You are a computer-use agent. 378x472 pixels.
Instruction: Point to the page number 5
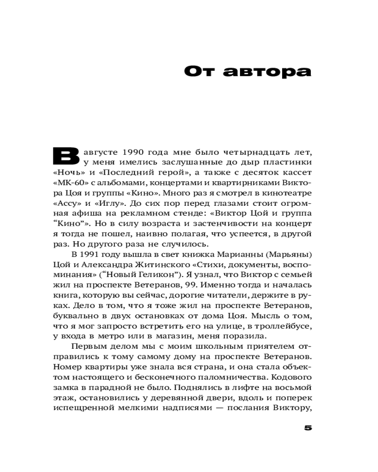tap(308, 428)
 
